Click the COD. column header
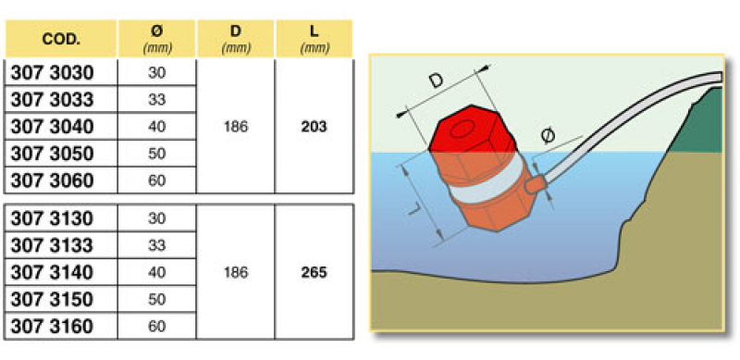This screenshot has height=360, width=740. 61,40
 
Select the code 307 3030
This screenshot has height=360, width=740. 52,73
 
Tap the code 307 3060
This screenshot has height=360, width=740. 52,180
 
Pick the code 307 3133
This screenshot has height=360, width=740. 52,245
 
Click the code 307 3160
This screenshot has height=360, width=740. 52,327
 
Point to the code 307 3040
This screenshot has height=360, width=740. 52,127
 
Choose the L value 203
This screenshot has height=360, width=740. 314,127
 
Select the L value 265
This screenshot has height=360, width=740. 314,273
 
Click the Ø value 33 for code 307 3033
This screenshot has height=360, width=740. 156,100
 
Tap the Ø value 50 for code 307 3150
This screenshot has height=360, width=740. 156,300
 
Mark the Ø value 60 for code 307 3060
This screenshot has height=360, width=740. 156,180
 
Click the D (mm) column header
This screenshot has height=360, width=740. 236,39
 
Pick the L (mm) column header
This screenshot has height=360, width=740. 314,39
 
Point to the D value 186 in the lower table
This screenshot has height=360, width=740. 236,273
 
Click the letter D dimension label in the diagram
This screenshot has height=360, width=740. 437,81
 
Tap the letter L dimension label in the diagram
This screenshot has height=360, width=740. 413,209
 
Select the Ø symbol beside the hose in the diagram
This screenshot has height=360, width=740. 548,137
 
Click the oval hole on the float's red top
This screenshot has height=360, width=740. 463,129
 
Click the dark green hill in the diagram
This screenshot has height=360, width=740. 698,123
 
